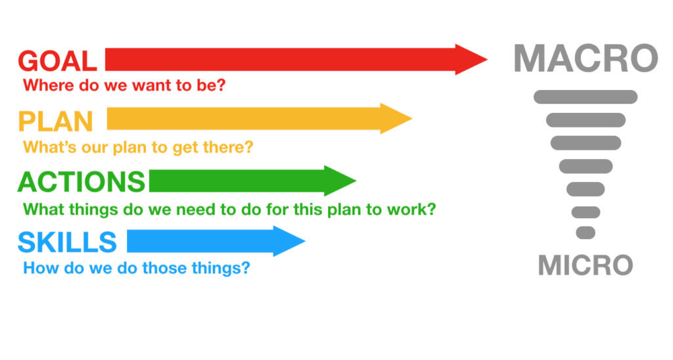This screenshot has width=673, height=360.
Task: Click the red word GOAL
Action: (x=57, y=61)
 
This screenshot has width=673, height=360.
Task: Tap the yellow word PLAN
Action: (x=55, y=122)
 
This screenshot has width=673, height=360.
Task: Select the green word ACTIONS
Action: (x=81, y=182)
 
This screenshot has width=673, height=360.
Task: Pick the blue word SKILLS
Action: (x=67, y=242)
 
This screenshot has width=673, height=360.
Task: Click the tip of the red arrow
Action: (x=488, y=60)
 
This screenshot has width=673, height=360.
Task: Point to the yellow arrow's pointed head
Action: (x=412, y=118)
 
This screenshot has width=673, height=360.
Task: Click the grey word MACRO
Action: (x=586, y=58)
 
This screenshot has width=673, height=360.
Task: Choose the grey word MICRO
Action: (x=586, y=265)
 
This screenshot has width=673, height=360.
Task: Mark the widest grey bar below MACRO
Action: (x=586, y=97)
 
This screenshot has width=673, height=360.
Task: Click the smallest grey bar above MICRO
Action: (x=586, y=233)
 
